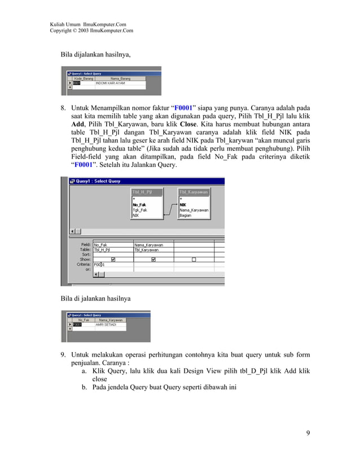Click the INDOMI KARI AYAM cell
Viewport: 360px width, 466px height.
(113, 83)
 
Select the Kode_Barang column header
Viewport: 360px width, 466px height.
(84, 78)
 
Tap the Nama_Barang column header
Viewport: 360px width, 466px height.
(120, 78)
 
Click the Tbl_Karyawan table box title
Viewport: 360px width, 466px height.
(194, 192)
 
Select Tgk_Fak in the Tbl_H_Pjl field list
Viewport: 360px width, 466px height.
(139, 210)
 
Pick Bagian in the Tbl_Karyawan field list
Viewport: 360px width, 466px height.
(186, 215)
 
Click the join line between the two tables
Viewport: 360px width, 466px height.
(169, 210)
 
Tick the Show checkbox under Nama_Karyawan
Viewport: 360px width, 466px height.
(153, 260)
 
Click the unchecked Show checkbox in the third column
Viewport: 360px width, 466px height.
(194, 260)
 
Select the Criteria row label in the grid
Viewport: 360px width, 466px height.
(84, 265)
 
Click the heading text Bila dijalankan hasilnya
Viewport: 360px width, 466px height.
(95, 55)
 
